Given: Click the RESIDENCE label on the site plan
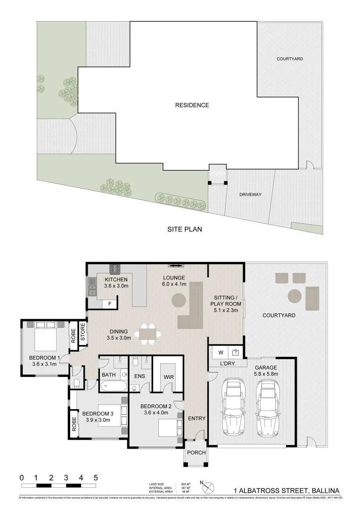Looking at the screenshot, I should tap(192, 105).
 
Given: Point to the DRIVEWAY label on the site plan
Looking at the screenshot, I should tap(250, 194).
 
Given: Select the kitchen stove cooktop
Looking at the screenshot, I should tap(115, 269).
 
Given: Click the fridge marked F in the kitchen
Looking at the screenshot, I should tap(110, 304).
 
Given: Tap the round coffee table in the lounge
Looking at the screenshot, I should tap(178, 300).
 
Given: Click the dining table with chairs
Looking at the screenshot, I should tap(147, 334).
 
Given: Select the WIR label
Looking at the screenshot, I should tap(169, 378).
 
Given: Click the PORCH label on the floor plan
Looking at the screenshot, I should tap(195, 453).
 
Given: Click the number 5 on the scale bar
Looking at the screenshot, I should tap(96, 477).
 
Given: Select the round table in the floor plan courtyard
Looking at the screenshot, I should tap(295, 296).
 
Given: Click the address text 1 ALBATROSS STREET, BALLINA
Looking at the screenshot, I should tap(286, 490).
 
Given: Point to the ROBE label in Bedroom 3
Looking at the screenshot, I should tap(74, 423).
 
